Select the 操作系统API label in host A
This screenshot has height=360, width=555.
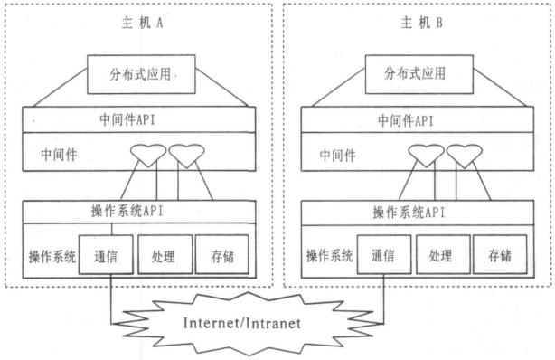tap(139, 212)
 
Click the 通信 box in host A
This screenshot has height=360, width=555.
tap(108, 255)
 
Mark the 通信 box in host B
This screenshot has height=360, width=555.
tap(387, 255)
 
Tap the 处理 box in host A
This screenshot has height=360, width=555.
tap(165, 255)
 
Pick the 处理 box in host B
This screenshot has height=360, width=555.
tap(443, 255)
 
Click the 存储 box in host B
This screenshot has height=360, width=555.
tap(498, 255)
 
